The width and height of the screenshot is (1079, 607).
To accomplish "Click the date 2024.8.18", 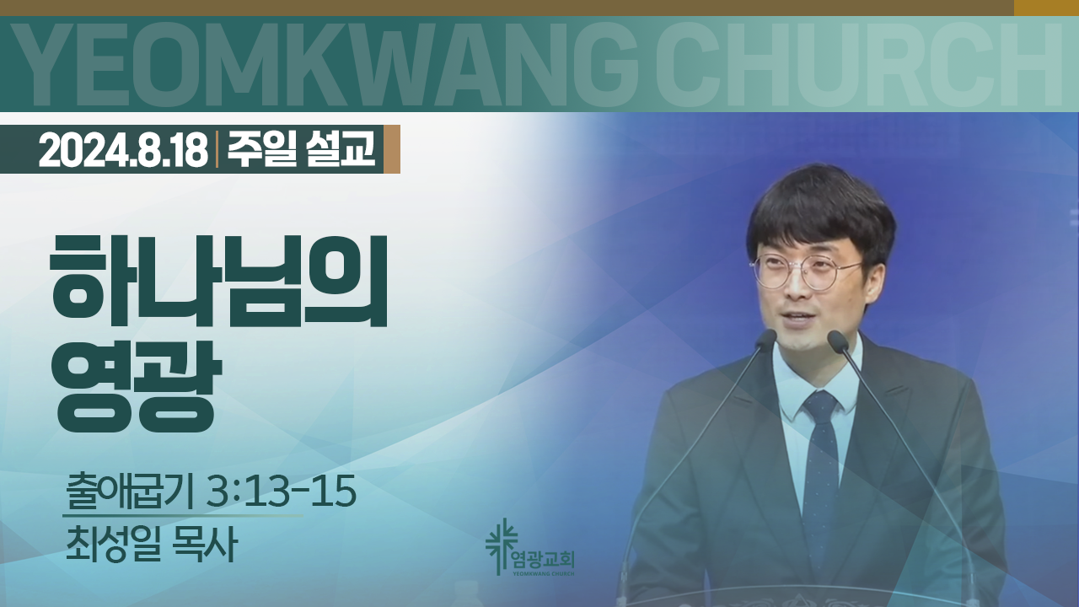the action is [x=123, y=150].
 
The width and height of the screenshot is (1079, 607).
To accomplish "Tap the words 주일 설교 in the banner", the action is [x=302, y=149].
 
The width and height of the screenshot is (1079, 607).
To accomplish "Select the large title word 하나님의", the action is [x=219, y=282].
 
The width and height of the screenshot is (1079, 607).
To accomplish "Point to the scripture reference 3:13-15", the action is [x=281, y=492].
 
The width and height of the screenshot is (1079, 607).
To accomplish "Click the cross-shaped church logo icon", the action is [x=501, y=545].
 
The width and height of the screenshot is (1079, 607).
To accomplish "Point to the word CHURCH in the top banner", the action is [x=858, y=65].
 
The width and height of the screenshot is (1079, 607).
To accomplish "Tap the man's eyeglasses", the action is [x=805, y=271].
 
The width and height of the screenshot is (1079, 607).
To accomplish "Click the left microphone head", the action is [x=766, y=339].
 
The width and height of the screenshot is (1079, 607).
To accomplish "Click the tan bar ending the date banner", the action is [x=392, y=149].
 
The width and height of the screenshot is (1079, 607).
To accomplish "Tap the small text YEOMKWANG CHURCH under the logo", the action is [x=544, y=574].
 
